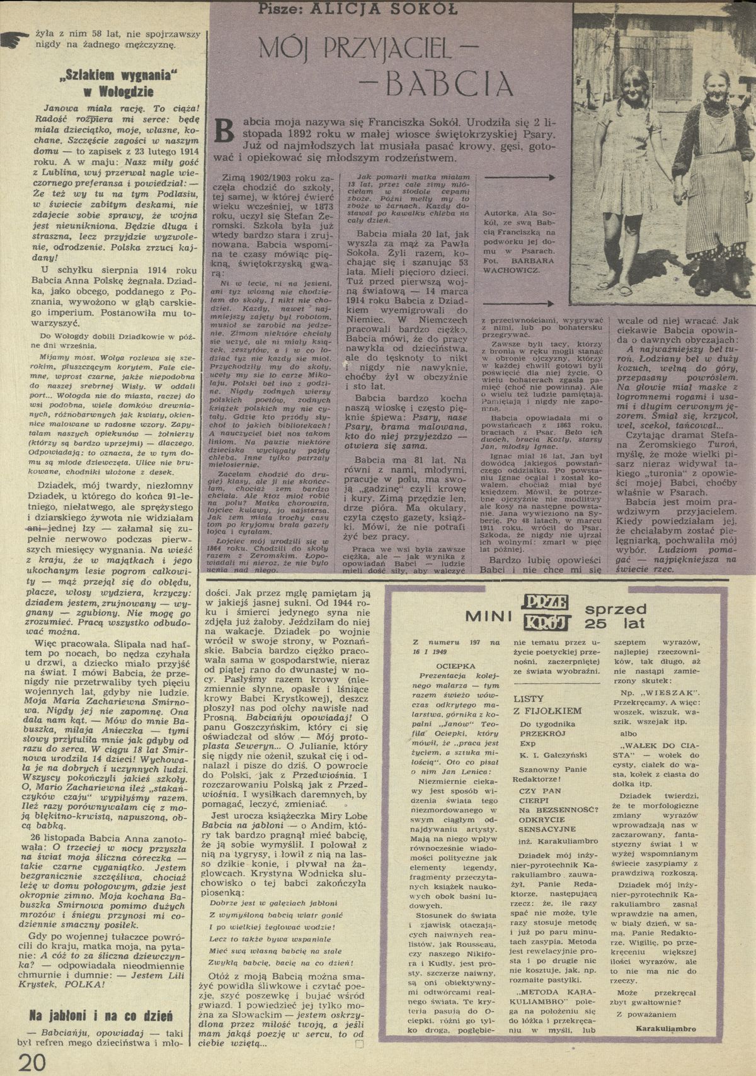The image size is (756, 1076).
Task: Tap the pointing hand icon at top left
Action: pyautogui.click(x=14, y=40)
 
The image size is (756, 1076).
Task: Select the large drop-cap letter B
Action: pyautogui.click(x=224, y=129)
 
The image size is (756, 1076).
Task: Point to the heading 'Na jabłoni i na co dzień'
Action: pyautogui.click(x=103, y=1016)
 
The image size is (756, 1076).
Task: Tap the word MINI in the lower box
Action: pyautogui.click(x=488, y=618)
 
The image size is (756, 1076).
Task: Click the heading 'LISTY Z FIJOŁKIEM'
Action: pyautogui.click(x=547, y=705)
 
